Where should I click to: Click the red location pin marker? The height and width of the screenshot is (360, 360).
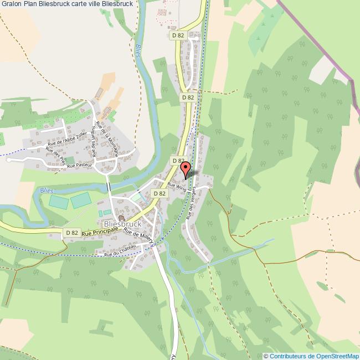click(186, 169)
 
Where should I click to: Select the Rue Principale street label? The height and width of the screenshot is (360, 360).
click(100, 231)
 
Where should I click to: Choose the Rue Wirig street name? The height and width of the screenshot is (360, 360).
click(178, 188)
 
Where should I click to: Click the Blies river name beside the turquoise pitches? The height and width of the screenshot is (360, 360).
click(47, 190)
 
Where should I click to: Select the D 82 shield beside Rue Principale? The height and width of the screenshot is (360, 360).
click(71, 233)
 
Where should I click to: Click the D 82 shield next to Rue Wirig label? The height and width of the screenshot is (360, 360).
click(159, 193)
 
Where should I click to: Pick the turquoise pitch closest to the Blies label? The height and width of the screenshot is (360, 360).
click(58, 202)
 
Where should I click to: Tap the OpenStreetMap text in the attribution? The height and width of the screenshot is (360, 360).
click(336, 356)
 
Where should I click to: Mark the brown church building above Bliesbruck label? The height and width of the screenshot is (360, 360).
click(121, 218)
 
